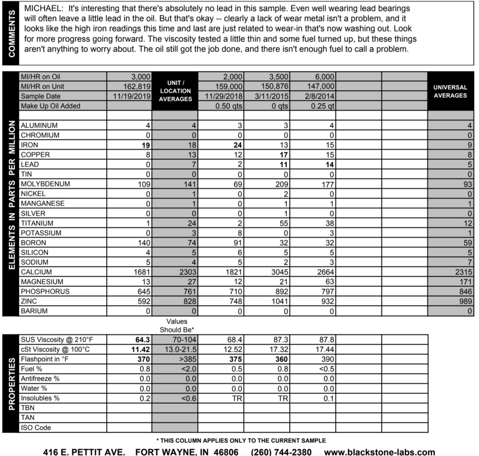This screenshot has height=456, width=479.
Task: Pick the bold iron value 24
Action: click(x=239, y=145)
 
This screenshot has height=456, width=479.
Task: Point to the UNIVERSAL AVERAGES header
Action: click(x=450, y=91)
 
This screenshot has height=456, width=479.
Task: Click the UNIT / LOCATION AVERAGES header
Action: click(x=175, y=91)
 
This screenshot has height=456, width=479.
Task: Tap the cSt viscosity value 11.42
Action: click(x=139, y=349)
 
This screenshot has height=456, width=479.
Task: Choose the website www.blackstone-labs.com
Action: click(x=379, y=452)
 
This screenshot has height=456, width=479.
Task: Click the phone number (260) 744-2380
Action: click(x=281, y=452)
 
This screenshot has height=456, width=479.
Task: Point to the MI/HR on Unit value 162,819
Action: click(x=134, y=87)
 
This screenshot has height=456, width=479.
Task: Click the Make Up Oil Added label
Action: click(x=51, y=106)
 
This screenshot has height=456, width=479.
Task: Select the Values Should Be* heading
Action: click(x=177, y=325)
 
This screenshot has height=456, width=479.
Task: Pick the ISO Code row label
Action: click(x=36, y=427)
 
